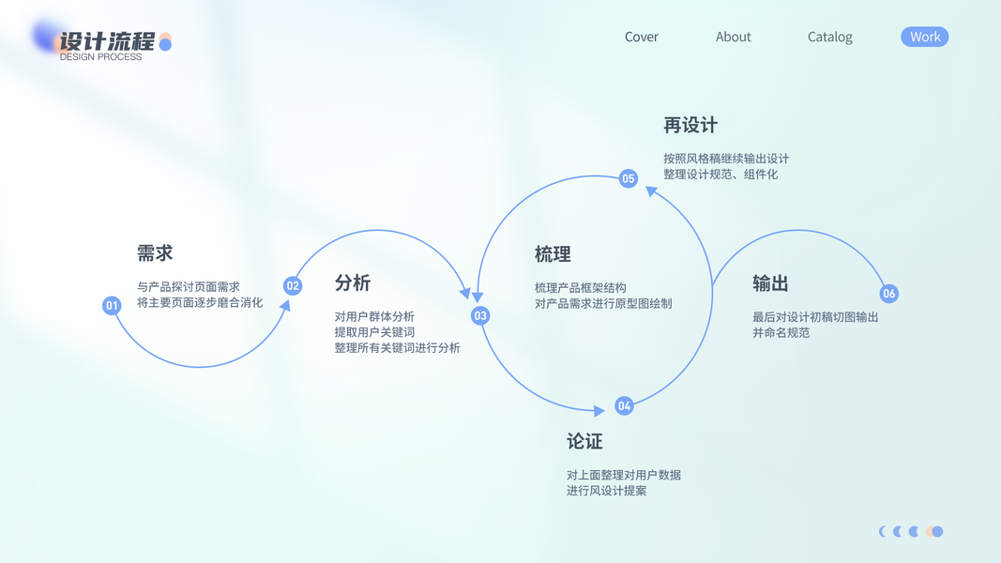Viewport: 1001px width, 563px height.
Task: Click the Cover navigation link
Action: point(642,37)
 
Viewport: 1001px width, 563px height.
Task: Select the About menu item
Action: point(733,37)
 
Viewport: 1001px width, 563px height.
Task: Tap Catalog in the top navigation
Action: point(829,37)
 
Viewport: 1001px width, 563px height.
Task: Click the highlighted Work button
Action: point(924,37)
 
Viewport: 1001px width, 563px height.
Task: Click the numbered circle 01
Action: point(112,305)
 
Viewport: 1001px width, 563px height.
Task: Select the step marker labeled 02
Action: point(293,286)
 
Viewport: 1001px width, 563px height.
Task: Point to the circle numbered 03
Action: point(480,315)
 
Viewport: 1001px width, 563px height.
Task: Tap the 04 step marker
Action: point(624,405)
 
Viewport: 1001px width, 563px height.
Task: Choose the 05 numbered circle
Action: point(629,178)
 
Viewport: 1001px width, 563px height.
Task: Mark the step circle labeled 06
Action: point(888,294)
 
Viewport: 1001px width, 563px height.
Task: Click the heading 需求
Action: point(155,253)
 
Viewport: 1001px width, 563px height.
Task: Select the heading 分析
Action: point(353,283)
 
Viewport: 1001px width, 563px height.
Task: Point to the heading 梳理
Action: point(553,254)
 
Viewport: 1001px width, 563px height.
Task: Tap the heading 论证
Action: point(584,441)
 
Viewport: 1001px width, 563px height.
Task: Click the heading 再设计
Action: point(690,125)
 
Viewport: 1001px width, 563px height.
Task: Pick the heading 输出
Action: point(770,283)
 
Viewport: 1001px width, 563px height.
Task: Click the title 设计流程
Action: point(107,41)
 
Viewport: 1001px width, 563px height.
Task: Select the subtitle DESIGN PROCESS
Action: point(100,57)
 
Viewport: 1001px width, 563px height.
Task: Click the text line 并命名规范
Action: point(781,332)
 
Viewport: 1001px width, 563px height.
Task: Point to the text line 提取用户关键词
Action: point(374,332)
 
